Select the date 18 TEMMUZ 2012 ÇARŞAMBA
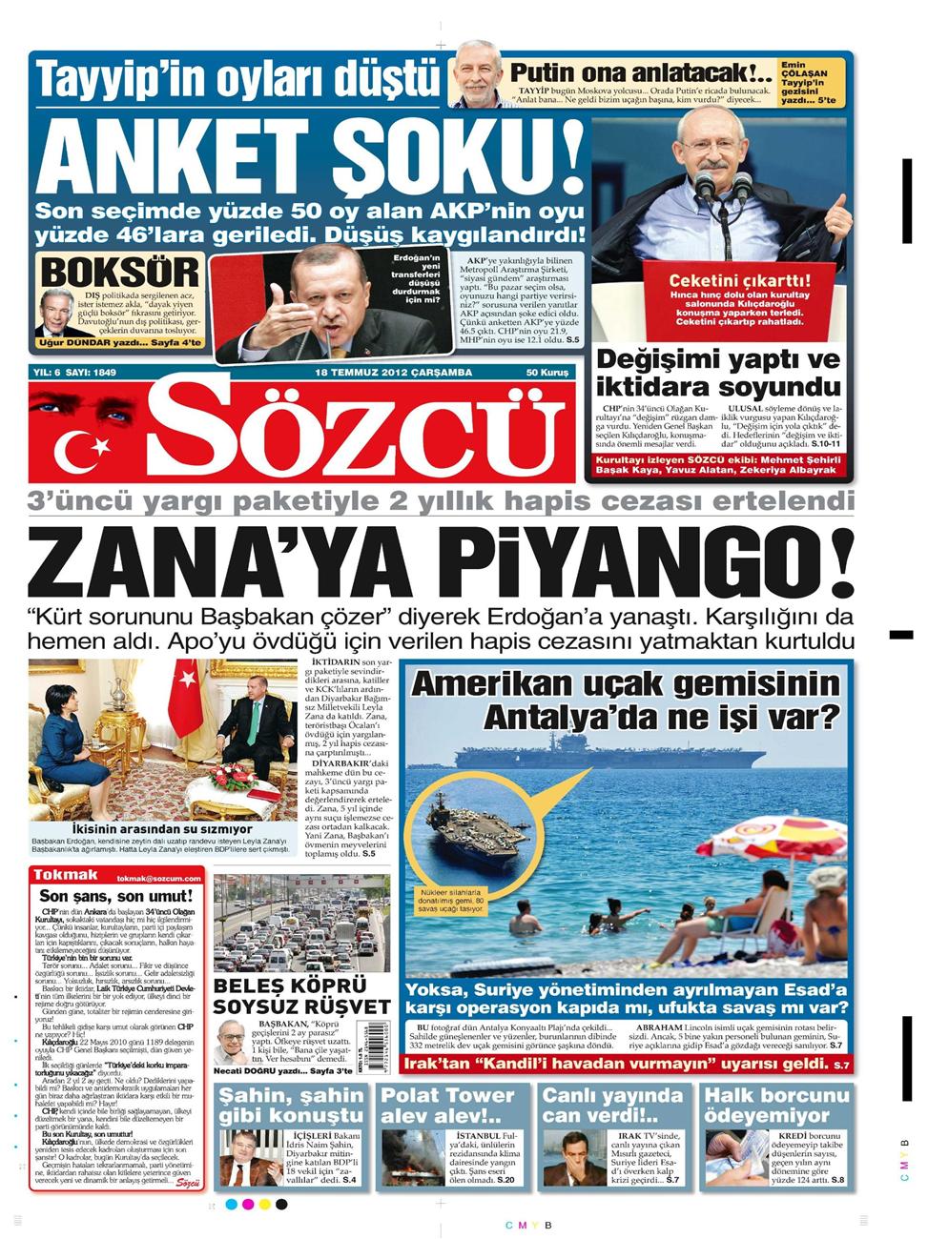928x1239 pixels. click(x=393, y=373)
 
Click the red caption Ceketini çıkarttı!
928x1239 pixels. click(x=739, y=281)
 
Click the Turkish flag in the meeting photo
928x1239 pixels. click(x=182, y=696)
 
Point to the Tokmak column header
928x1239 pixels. click(x=66, y=875)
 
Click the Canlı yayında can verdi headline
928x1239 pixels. click(x=611, y=1105)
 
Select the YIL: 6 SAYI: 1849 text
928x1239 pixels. click(x=74, y=373)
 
